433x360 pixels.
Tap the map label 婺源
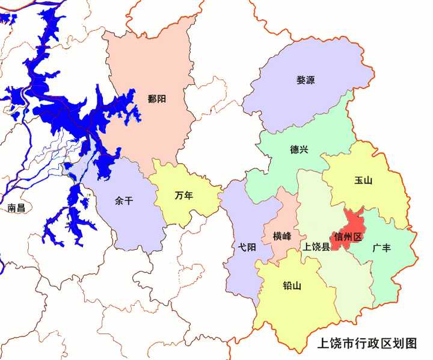306,80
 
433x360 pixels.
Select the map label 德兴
299,149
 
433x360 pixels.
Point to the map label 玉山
364,180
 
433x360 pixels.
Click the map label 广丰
382,247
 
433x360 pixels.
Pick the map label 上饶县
316,247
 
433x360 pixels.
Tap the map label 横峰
281,236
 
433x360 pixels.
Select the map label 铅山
292,285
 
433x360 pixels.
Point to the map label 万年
183,196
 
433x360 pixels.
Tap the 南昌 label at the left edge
16,208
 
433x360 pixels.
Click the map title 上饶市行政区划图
367,344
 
